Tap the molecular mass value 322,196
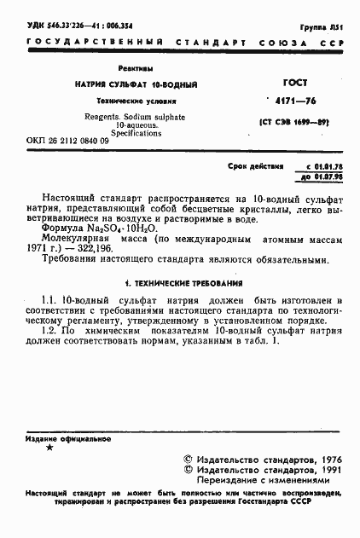pos(114,248)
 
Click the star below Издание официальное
pos(50,448)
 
